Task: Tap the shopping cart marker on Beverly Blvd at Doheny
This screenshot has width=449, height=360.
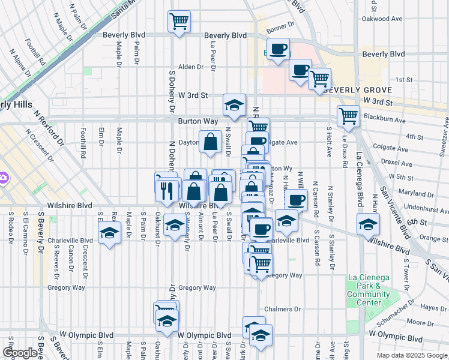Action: click(x=179, y=22)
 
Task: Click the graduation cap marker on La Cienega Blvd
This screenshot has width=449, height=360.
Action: click(x=368, y=224)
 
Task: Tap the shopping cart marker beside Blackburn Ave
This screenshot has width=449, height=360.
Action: click(x=348, y=116)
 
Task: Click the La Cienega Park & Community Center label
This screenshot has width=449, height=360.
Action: click(x=368, y=290)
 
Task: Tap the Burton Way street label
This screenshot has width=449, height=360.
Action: click(x=197, y=121)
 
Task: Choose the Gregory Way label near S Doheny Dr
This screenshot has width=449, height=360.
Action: click(x=197, y=288)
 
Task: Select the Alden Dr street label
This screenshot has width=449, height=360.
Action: click(x=191, y=67)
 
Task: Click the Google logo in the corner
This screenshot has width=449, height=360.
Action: click(x=20, y=353)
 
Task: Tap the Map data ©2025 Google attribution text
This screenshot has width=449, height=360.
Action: click(x=412, y=355)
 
